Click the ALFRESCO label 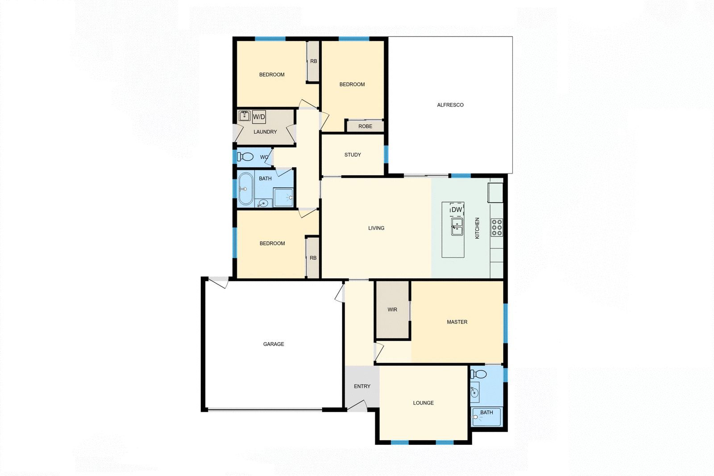click(450, 105)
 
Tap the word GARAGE click(274, 344)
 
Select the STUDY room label click(353, 155)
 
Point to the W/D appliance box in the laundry click(259, 117)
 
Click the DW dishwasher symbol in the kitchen click(457, 210)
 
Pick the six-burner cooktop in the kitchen click(497, 228)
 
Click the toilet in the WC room click(245, 157)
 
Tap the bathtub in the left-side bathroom click(245, 189)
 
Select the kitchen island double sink click(457, 227)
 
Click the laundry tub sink click(244, 116)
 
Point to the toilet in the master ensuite click(478, 374)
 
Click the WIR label click(392, 310)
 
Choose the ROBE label click(365, 126)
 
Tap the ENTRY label click(362, 386)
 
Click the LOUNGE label click(423, 403)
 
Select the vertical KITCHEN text click(477, 228)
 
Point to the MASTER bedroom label click(457, 322)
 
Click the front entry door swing click(357, 406)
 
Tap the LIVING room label click(376, 228)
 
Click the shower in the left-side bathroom click(283, 198)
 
